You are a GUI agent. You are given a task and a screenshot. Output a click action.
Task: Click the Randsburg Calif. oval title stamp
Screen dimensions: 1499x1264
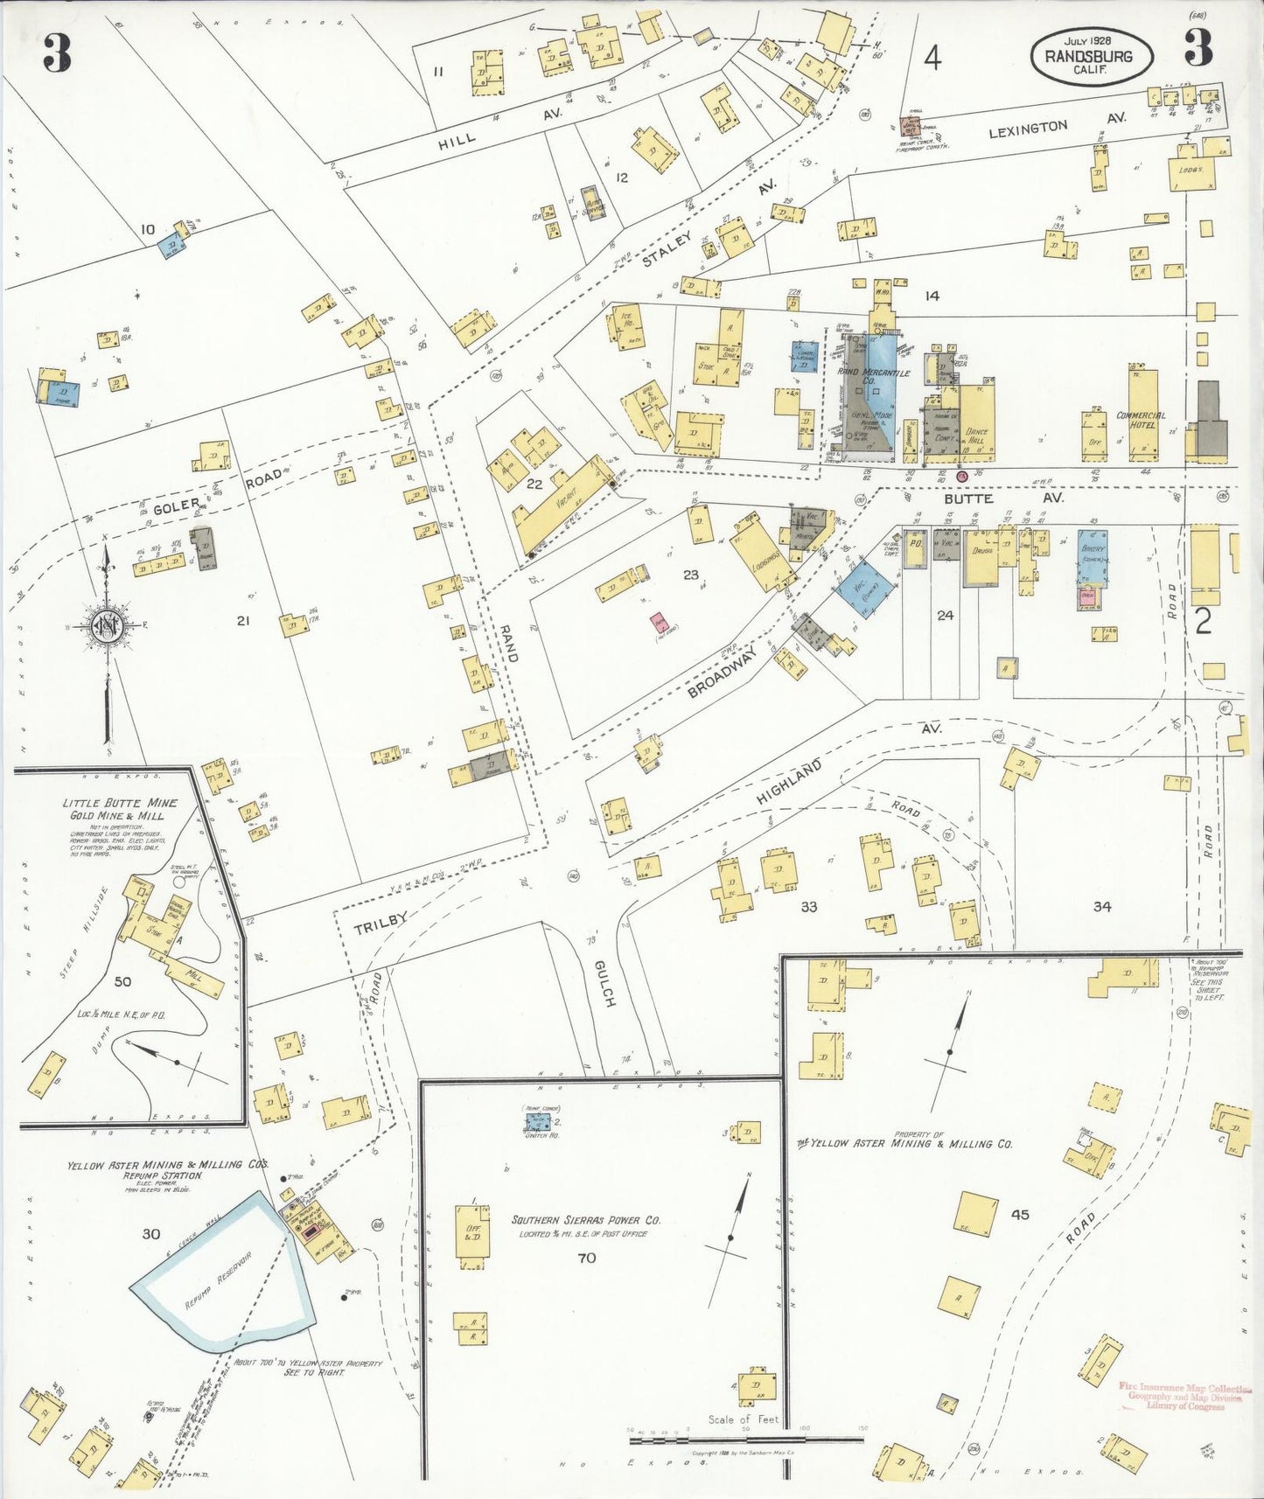pyautogui.click(x=1092, y=57)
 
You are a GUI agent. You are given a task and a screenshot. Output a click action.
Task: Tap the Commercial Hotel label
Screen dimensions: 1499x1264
pyautogui.click(x=1141, y=420)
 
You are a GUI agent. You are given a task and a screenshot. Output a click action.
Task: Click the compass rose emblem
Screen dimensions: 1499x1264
pyautogui.click(x=106, y=626)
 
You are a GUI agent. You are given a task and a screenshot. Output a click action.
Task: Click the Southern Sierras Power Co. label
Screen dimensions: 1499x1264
pyautogui.click(x=586, y=1220)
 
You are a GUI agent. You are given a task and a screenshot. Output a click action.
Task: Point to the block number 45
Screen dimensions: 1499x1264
pyautogui.click(x=1020, y=1215)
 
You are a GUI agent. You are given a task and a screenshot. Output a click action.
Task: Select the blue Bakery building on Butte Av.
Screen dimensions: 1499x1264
pyautogui.click(x=1093, y=556)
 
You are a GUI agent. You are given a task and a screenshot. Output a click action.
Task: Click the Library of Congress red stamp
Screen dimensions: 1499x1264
pyautogui.click(x=1185, y=1397)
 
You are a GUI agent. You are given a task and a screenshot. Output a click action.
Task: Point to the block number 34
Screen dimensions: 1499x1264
pyautogui.click(x=1101, y=907)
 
